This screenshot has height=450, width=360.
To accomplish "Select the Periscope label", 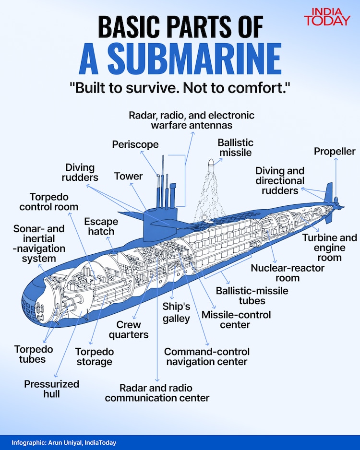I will [135, 144].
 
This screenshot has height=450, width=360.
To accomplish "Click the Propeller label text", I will [335, 152].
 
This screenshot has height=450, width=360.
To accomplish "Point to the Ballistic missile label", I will [235, 147].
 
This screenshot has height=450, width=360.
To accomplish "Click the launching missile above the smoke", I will [211, 168].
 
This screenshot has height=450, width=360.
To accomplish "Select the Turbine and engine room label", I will [329, 248].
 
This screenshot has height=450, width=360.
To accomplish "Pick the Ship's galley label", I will [176, 312].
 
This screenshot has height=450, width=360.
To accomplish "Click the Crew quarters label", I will [132, 330].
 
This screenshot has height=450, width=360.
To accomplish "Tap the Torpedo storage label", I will [95, 356].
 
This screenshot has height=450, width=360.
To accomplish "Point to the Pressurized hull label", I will [51, 389].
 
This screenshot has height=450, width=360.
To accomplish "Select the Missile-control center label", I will [236, 320].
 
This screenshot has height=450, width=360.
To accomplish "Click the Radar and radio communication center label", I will [157, 392].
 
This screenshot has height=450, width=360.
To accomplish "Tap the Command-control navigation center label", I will [206, 356].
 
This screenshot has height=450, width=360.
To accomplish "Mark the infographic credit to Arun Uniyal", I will [64, 443].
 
